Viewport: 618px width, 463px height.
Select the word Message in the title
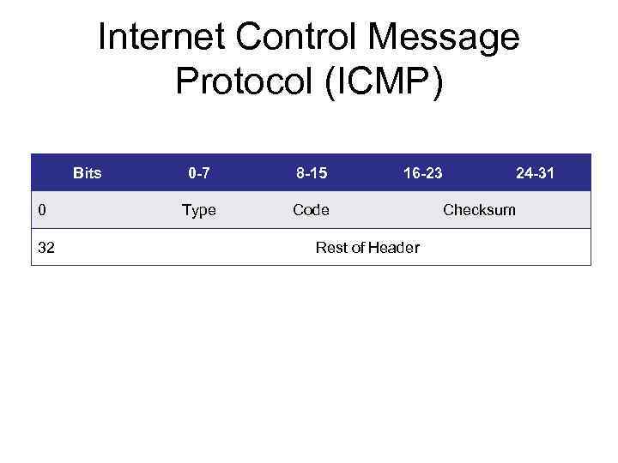(443, 38)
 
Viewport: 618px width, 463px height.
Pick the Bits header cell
(88, 173)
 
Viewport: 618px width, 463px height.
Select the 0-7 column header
(199, 173)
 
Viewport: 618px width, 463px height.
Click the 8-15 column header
(311, 173)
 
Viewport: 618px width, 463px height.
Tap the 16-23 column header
(423, 173)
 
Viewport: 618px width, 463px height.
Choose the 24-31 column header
(535, 173)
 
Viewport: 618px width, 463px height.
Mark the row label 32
(47, 248)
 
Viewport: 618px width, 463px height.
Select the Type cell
(199, 210)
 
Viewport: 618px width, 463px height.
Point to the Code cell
(311, 210)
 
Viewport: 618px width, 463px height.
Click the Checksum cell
(479, 210)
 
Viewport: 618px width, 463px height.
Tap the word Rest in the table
(330, 248)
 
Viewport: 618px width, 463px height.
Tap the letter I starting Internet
(102, 38)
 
